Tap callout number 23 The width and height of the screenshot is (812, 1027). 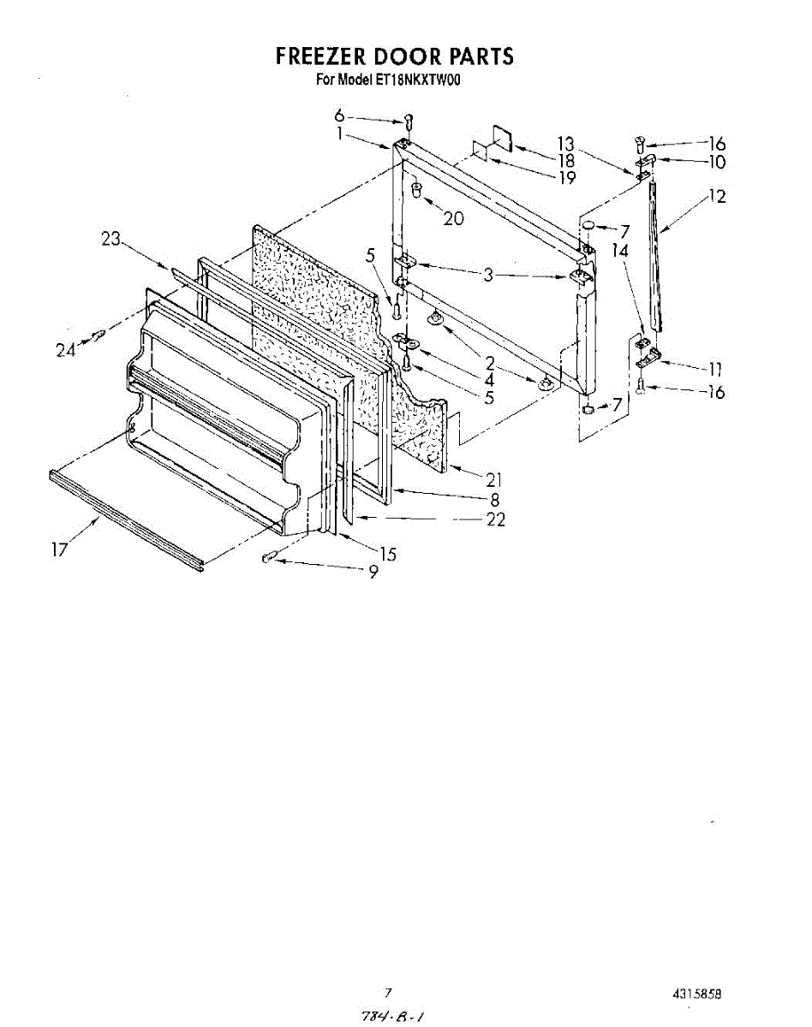tap(111, 240)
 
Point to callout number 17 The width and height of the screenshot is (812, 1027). tap(59, 549)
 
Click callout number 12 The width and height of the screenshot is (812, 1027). tap(716, 197)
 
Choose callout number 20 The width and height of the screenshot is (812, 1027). tap(453, 218)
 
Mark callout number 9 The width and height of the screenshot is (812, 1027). tap(373, 574)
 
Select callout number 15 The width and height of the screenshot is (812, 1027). tap(388, 554)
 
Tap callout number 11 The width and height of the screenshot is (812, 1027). tap(715, 370)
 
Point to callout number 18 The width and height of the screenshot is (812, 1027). tap(566, 160)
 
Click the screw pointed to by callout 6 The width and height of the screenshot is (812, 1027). tap(409, 122)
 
